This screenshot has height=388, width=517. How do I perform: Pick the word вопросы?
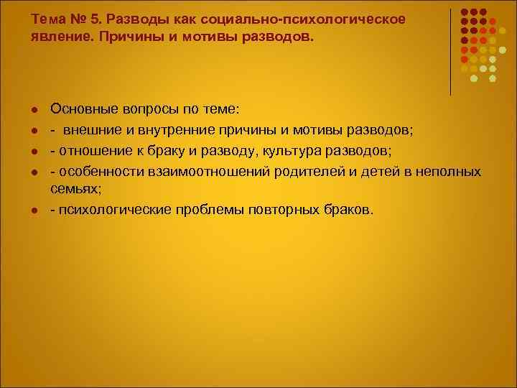click(x=143, y=108)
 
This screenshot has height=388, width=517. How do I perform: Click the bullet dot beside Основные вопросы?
click(x=34, y=109)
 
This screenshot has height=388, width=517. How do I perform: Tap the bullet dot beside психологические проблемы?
click(x=34, y=211)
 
